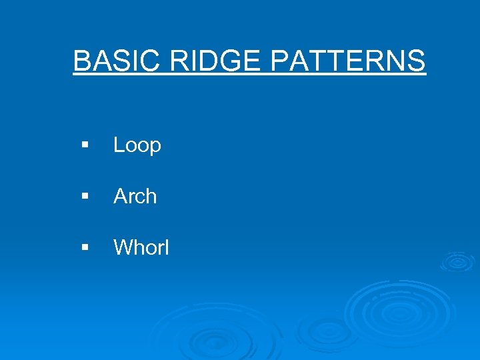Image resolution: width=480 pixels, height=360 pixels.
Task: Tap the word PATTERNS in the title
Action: pyautogui.click(x=348, y=61)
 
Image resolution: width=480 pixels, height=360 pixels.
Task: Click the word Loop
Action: pyautogui.click(x=137, y=145)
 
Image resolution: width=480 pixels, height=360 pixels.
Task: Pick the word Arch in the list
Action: pyautogui.click(x=135, y=196)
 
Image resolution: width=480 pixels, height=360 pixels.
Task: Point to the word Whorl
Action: pyautogui.click(x=141, y=247)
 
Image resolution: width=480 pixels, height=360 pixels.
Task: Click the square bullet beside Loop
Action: pyautogui.click(x=85, y=145)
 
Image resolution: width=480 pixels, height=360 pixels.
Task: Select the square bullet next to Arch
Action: pyautogui.click(x=85, y=196)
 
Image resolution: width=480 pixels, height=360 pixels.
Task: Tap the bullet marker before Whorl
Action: pyautogui.click(x=85, y=247)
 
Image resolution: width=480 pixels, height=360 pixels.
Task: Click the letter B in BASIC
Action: pyautogui.click(x=81, y=61)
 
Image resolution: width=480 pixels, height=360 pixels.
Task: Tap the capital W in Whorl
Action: pyautogui.click(x=123, y=247)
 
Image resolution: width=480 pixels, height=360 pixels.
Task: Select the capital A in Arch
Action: pyautogui.click(x=121, y=196)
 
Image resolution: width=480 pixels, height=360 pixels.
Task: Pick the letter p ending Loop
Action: pyautogui.click(x=155, y=147)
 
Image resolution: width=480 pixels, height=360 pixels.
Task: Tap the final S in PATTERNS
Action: pyautogui.click(x=416, y=61)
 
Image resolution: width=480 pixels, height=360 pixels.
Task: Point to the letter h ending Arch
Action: pyautogui.click(x=151, y=196)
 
